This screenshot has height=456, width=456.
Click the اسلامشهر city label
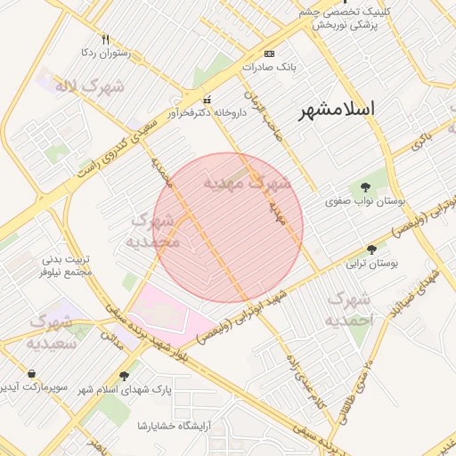click(336, 110)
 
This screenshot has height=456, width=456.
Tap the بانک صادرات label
click(273, 67)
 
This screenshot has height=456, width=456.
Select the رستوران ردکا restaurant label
click(105, 53)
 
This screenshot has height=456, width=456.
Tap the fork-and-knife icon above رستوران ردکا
click(105, 40)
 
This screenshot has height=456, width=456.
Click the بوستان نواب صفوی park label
click(365, 202)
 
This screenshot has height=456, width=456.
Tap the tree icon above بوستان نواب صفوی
click(365, 187)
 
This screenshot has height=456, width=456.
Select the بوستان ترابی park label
click(371, 265)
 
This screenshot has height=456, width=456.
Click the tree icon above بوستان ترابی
click(371, 249)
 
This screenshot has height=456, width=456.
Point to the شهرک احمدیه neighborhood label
click(347, 309)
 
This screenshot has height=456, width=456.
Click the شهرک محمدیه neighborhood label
click(152, 232)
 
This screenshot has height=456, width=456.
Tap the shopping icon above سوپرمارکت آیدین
click(32, 373)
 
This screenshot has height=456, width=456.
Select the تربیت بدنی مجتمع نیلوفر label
click(67, 266)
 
